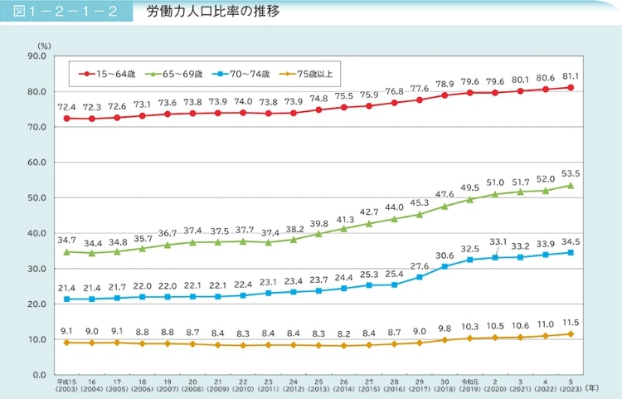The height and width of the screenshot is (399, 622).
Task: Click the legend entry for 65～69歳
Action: point(175,74)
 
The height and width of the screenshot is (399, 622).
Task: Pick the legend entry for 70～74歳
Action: point(244,74)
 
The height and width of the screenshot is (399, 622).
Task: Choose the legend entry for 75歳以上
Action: point(309,74)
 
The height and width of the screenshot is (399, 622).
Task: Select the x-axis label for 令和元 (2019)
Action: point(470,387)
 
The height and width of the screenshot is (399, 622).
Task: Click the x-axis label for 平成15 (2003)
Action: point(66,387)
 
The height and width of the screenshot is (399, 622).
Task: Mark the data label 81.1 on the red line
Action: point(571,76)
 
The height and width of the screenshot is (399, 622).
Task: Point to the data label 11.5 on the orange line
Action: point(571,322)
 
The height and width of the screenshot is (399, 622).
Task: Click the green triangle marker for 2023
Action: point(571,185)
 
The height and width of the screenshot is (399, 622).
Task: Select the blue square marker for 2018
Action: point(445,266)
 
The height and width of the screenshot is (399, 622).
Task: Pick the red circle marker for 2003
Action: point(66,118)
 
